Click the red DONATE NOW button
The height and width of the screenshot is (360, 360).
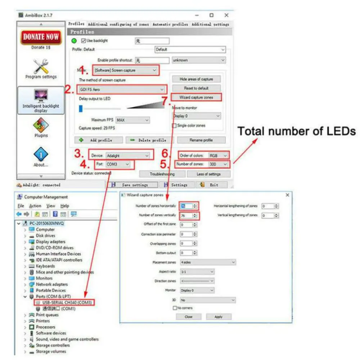point(41,36)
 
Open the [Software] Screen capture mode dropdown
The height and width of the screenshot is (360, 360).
point(126,70)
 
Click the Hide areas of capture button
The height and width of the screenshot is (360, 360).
point(196,79)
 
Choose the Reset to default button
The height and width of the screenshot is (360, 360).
point(196,88)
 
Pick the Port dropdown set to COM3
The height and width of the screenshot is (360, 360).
point(117,165)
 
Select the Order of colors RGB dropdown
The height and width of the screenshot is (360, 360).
point(218,155)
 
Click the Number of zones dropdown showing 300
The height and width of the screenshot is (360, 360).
point(219,164)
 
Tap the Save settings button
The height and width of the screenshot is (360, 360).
point(132,185)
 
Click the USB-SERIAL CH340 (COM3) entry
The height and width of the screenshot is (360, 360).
point(63,302)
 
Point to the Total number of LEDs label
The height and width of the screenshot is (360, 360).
point(296,131)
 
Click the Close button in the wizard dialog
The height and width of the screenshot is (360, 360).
point(188,317)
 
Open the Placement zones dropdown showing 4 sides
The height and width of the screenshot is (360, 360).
point(208,262)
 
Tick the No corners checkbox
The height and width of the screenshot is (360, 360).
point(175,308)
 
